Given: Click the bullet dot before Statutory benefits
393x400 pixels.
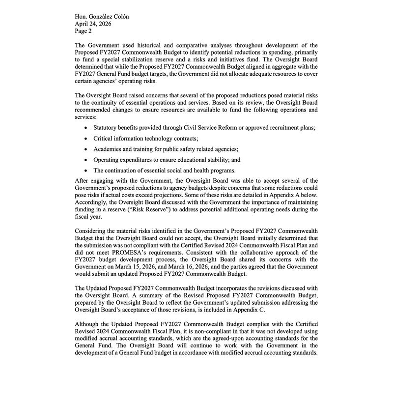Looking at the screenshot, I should click(86, 128).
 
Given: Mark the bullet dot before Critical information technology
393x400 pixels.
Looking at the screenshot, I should click(86, 139).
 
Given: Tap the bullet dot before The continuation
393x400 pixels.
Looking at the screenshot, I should click(86, 171).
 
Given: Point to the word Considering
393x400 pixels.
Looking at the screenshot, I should click(93, 231).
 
